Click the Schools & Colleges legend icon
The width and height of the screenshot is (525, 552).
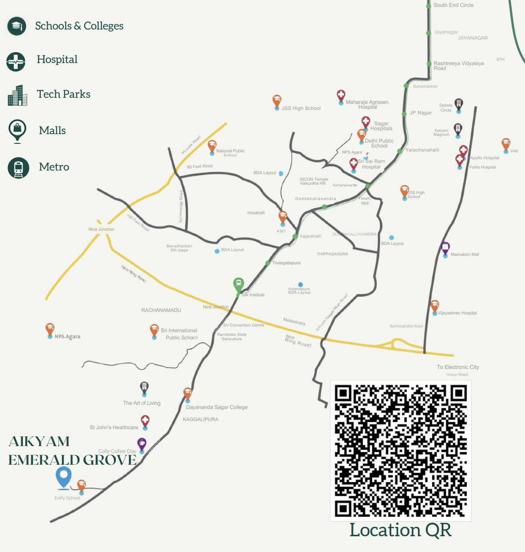coord(17,26)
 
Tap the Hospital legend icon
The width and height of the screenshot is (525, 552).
coord(16,62)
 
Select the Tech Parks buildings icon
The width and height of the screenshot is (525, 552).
coord(17,96)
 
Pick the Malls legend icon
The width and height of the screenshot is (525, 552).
coord(17,130)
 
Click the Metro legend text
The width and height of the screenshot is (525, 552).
coord(54,167)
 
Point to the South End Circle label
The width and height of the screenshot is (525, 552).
coord(453,5)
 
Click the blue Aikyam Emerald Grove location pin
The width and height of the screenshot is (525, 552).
coord(63,476)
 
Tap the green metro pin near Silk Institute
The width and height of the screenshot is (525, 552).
coord(238,284)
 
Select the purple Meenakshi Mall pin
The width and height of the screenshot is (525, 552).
coord(445,248)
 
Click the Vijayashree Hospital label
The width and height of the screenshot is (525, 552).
coord(457,313)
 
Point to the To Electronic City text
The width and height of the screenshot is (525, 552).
coord(458,367)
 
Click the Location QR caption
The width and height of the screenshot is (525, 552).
coord(400,530)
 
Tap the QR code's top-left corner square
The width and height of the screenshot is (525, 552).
coord(343,393)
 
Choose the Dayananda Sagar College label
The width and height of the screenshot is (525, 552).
coord(216,407)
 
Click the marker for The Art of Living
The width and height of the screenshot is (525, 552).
coord(144,388)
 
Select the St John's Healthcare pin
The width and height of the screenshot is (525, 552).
coord(145,421)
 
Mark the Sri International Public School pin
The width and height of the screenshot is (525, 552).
coord(154,330)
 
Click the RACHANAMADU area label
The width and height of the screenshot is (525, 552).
coord(161,310)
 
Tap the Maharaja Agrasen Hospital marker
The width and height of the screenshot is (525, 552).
coord(341,96)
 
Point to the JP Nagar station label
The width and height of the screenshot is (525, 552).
coord(420,113)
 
